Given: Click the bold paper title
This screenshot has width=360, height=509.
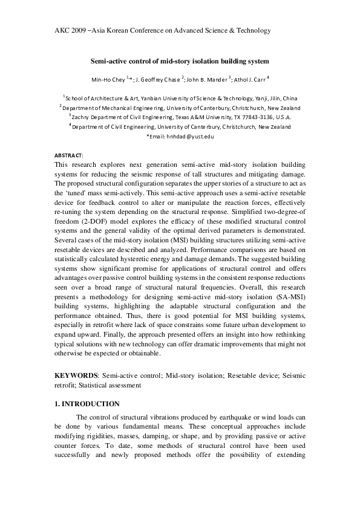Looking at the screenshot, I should [x=179, y=61].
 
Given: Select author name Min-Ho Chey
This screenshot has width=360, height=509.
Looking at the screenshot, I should [x=108, y=79].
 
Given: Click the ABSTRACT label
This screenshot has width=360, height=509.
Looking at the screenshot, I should [x=69, y=155].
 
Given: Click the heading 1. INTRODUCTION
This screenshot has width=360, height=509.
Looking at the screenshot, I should [x=87, y=404].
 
